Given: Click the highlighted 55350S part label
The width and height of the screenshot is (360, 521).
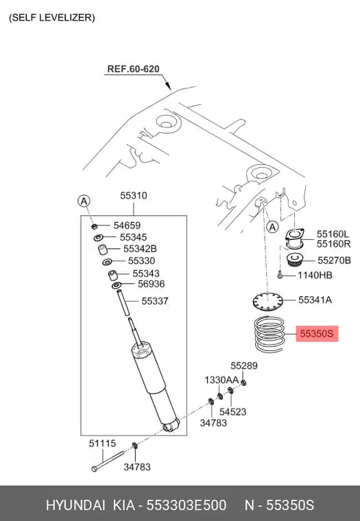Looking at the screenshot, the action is point(317,333).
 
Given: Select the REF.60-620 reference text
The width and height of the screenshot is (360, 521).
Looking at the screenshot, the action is point(133,69).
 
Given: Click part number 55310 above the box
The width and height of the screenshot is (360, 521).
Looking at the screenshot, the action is point(134,195).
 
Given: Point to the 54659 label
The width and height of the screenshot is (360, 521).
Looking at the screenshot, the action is point(127,226).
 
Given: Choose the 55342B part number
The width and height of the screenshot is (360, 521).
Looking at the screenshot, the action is point(140,249).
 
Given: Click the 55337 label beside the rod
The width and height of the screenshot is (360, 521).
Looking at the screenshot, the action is point(155,301).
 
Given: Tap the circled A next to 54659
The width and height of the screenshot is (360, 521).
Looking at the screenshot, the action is point(84,201).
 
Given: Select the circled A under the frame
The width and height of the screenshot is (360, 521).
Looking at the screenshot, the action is point(272,228).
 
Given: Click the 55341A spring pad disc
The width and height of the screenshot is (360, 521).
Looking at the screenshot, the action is point(267,301).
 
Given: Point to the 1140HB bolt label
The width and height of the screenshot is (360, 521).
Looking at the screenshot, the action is point(315,275).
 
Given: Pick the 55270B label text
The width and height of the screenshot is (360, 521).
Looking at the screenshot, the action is point(334,260).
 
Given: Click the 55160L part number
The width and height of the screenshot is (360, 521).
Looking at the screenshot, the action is point(333,234).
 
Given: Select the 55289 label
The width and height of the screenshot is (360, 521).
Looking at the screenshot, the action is point(244,365).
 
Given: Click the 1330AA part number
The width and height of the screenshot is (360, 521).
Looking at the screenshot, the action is point(221,380).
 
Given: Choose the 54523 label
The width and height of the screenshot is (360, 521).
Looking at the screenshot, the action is point(232,412).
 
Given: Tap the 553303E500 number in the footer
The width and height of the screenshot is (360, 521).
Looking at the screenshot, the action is point(187,505).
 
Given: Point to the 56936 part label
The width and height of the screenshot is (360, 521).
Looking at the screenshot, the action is point(152,284).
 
